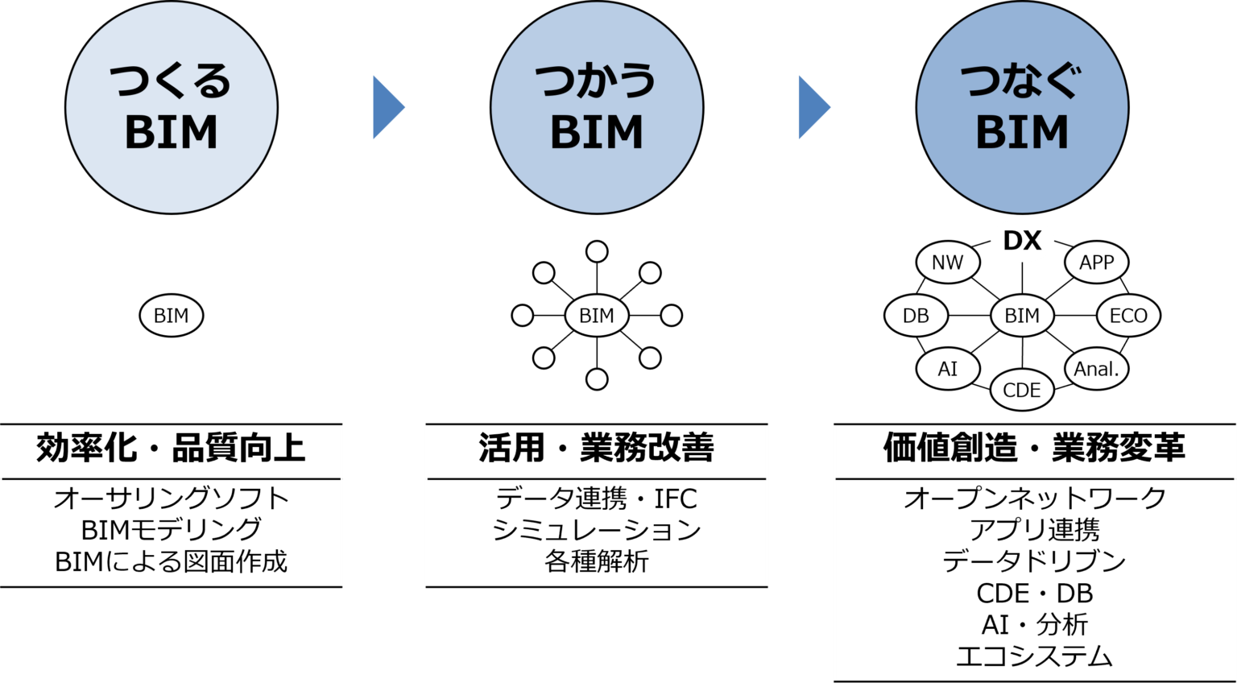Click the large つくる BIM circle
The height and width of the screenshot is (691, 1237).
point(172,107)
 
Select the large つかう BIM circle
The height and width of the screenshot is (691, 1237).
point(597,107)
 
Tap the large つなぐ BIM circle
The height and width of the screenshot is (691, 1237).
point(1022,107)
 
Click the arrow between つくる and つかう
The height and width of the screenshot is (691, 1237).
point(387,107)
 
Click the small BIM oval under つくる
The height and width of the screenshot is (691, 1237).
point(172,315)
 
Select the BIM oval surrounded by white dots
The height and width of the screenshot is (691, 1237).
point(597,315)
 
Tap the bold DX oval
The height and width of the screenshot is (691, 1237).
point(1022,241)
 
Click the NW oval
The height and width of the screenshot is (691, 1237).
point(947,263)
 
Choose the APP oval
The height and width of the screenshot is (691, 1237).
point(1096,263)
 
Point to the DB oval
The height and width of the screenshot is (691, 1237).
point(916,315)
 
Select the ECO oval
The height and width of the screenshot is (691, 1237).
point(1128,315)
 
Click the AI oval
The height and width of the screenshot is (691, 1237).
point(947,369)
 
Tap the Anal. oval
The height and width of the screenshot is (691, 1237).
point(1096,369)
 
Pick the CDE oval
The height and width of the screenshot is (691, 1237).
point(1022,390)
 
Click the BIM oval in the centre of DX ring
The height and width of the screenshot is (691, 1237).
point(1022,315)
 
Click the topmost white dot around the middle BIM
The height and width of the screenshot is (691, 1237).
point(597,252)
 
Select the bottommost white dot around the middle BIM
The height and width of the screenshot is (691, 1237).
point(597,379)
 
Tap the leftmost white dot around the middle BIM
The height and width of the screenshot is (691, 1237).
point(523,315)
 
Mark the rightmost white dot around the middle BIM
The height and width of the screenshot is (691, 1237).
point(671,315)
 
